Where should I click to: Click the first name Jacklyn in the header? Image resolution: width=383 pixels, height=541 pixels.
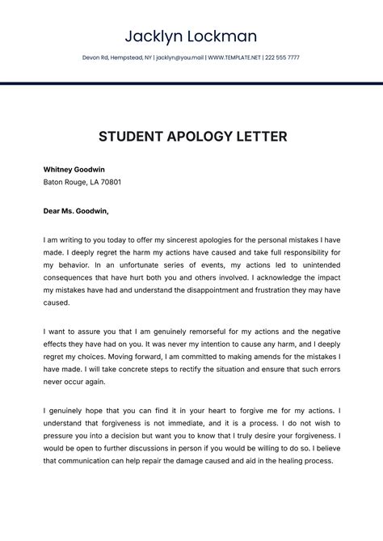point(154,36)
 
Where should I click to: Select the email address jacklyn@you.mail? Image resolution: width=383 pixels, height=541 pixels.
point(179,58)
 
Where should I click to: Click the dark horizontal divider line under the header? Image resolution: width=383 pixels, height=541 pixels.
point(191,83)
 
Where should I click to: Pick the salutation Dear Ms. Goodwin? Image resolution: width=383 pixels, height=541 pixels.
point(76,211)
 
